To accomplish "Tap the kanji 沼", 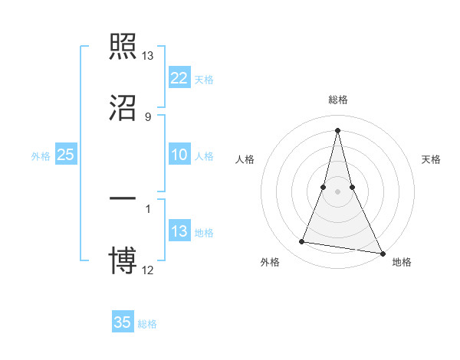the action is pos(123,108).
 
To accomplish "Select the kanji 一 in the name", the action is pos(123,199).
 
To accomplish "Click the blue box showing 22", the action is pos(179,77).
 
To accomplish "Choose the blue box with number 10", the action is pos(179,155).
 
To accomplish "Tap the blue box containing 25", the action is pos(66,155).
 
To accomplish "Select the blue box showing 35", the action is pos(123,322).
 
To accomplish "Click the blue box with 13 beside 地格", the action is pos(179,231).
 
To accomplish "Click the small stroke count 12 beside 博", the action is pos(148,270).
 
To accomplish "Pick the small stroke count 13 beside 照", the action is pos(147,56).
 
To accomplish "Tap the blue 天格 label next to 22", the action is pos(204,79).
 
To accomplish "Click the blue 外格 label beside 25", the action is pos(41,156).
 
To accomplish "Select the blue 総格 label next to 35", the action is pos(147,324).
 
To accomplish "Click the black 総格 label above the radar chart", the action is pos(338,100).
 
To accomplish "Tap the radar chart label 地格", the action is pos(402,263).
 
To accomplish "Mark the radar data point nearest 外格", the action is pos(302,242).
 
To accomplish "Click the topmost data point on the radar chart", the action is pos(337,130).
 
